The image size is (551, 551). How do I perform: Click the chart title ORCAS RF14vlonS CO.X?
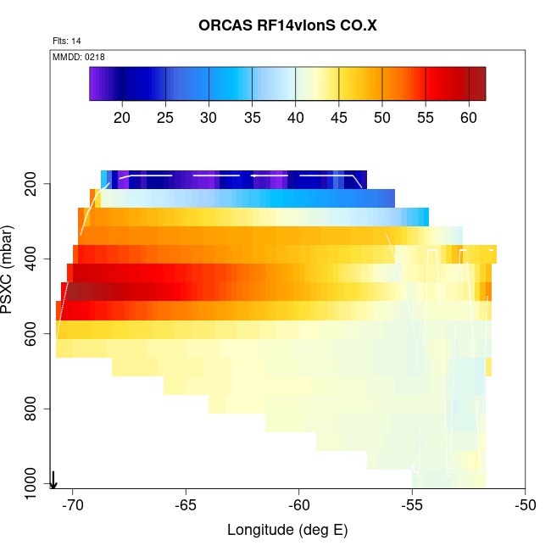(x=287, y=26)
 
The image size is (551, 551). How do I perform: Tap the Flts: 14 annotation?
(x=67, y=41)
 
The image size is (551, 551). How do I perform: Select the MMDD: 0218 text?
(x=79, y=57)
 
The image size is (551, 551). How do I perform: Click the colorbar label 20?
(x=123, y=117)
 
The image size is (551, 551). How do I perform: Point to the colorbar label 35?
(x=253, y=117)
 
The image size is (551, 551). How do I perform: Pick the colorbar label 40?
(x=296, y=117)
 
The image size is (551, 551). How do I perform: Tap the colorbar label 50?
(x=382, y=117)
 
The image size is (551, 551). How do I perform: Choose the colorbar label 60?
(x=469, y=117)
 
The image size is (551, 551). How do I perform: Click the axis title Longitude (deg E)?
(x=287, y=531)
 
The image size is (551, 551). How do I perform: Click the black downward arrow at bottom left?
(x=53, y=481)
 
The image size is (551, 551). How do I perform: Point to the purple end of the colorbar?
(x=95, y=84)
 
